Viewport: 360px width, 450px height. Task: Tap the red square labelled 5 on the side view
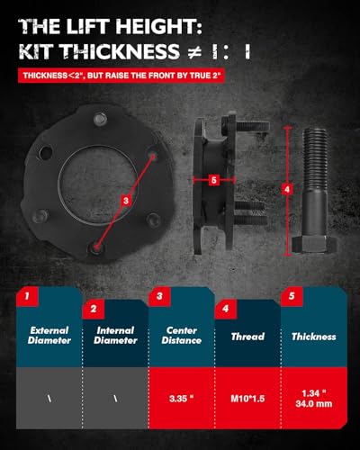213,179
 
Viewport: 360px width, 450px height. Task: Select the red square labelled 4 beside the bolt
286,189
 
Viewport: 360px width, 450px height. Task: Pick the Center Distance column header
178,336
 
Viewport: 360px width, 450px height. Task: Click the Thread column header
247,337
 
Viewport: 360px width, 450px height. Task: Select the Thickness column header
313,337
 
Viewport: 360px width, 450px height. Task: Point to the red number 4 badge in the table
226,309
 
